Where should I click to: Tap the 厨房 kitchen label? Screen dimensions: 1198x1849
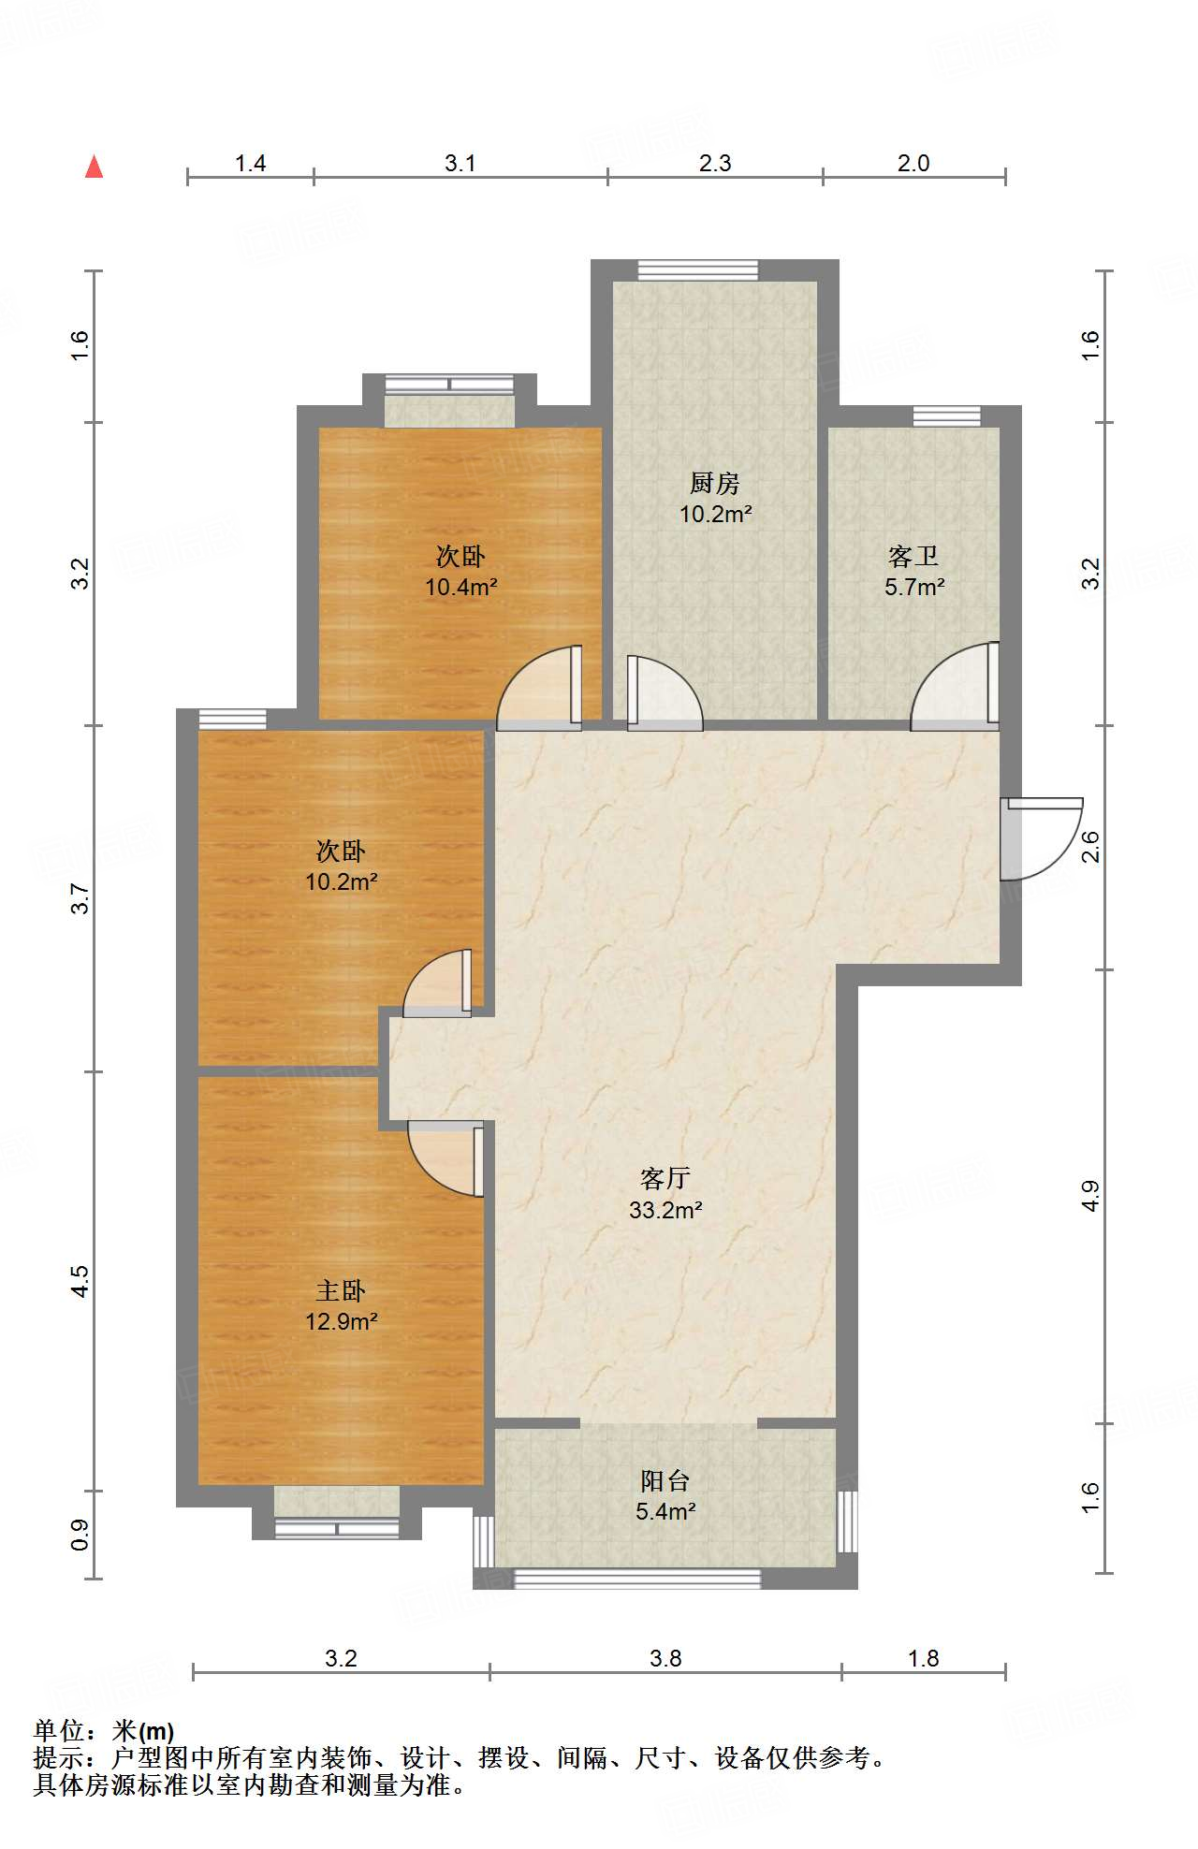coord(715,483)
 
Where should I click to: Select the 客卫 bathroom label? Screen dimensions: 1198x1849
coord(913,557)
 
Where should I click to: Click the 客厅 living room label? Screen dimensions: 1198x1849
coord(665,1178)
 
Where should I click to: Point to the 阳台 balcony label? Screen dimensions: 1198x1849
coord(665,1481)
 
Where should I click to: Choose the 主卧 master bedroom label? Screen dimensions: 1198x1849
coord(341,1291)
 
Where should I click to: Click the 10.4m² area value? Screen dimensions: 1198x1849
coord(461,588)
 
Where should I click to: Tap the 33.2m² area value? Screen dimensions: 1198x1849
coord(665,1210)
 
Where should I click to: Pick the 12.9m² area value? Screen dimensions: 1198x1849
coord(341,1322)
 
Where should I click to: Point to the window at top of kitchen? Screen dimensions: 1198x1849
coord(698,270)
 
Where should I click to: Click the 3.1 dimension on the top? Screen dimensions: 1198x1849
coord(460,164)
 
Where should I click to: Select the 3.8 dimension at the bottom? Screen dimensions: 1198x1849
coord(665,1659)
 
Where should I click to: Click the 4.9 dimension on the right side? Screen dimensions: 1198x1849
coord(1090,1196)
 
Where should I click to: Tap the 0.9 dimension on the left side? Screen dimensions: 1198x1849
coord(80,1535)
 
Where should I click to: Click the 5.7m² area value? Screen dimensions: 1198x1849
coord(914,588)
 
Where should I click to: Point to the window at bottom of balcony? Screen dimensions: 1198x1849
coord(637,1579)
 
